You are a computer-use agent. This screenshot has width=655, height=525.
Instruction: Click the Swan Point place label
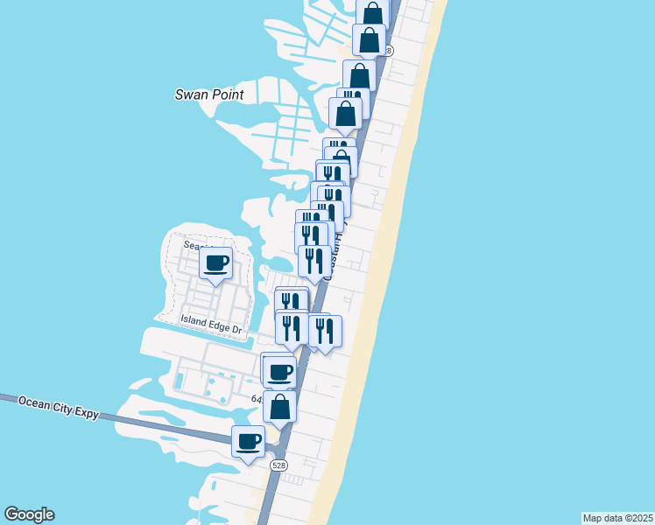[x=208, y=94]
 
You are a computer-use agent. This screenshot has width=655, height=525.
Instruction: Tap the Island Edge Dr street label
[x=210, y=322]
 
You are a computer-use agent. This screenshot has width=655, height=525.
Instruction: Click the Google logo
[x=29, y=514]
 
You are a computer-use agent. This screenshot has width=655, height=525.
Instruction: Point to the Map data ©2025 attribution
[x=617, y=518]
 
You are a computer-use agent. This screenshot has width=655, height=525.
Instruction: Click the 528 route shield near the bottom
[x=278, y=465]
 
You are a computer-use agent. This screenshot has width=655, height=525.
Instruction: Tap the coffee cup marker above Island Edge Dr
[x=215, y=262]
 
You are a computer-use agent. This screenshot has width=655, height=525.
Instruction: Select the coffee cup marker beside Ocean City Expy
[x=248, y=440]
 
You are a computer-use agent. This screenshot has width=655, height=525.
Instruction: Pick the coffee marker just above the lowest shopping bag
[x=280, y=372]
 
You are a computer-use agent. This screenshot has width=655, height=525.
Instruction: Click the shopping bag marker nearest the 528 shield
[x=279, y=406]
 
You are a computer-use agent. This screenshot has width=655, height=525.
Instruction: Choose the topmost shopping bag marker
[x=373, y=13]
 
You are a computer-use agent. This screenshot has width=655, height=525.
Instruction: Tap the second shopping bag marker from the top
[x=369, y=39]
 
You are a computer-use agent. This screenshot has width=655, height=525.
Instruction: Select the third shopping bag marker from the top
[x=359, y=75]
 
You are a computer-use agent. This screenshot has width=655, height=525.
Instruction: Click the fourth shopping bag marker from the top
[x=345, y=113]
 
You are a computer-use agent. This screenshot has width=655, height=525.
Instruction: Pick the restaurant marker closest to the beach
[x=325, y=330]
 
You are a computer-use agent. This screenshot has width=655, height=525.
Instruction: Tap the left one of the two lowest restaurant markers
[x=292, y=328]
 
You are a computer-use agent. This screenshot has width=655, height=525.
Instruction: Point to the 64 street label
[x=257, y=399]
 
